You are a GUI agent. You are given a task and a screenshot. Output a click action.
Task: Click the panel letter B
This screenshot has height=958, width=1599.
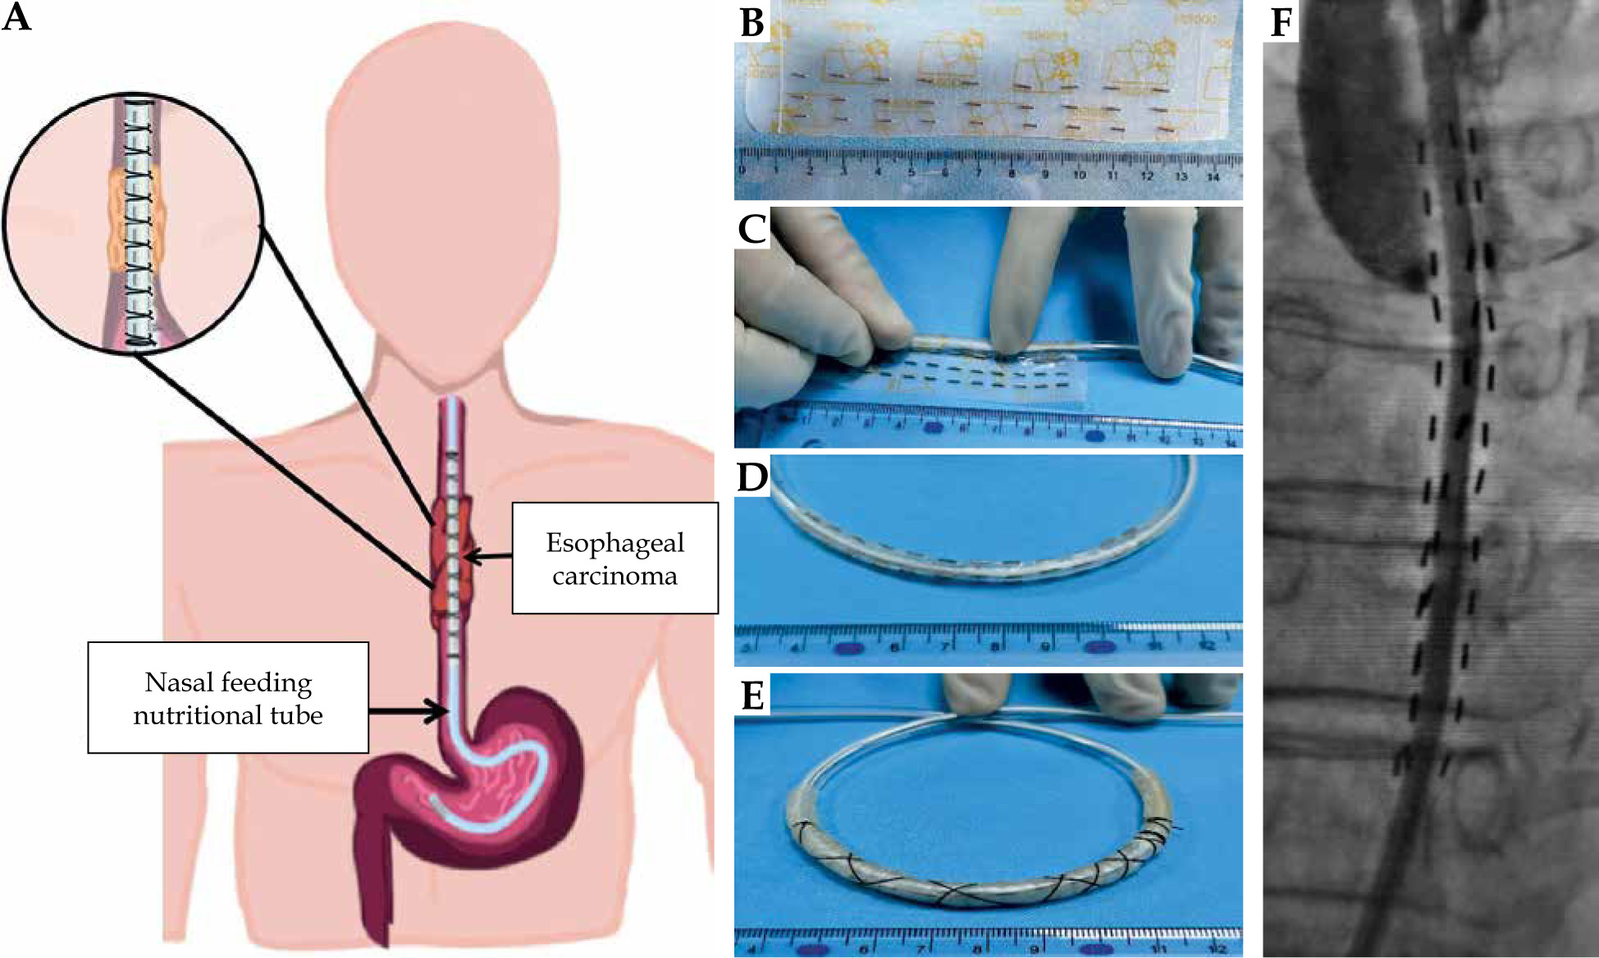pos(752,22)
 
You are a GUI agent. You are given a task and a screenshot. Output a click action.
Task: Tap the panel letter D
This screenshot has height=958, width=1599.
pos(752,476)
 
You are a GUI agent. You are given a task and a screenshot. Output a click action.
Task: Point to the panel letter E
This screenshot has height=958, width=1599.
pos(752,696)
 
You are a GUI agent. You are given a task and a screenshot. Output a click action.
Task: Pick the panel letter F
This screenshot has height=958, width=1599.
pos(1281,22)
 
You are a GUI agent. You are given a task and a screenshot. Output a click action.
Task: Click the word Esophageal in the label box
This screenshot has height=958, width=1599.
pos(614,543)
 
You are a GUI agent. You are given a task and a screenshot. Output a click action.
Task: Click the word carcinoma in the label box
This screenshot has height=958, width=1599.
pos(614,576)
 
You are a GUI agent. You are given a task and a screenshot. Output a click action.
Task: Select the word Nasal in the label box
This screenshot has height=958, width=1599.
pos(171,682)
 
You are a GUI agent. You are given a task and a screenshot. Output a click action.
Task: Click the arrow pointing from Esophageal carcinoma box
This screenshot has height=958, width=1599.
pos(489,557)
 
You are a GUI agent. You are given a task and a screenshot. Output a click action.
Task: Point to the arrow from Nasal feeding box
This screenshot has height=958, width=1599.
pos(406,710)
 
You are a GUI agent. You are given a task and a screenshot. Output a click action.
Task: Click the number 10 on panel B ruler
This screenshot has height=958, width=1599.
pos(1079,175)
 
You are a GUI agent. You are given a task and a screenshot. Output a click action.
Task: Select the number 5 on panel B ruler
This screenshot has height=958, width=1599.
pos(911,174)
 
